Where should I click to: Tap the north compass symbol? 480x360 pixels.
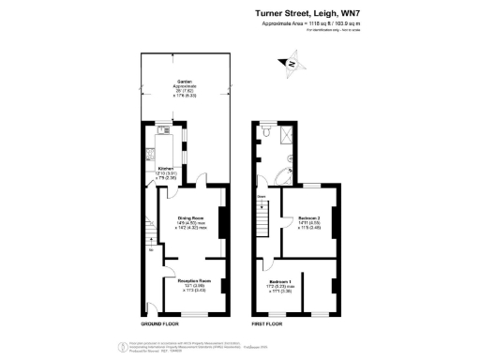point(291,64)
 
